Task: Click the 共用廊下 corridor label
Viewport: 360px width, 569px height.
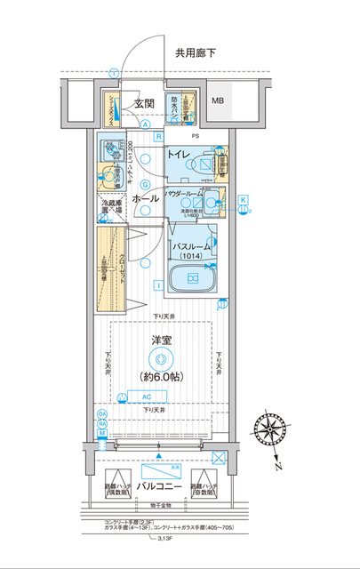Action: tap(195, 53)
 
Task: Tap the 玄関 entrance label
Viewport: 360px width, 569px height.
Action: tap(145, 103)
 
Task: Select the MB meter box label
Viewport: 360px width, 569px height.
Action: tap(218, 100)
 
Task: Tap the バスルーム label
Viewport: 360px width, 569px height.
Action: tap(191, 246)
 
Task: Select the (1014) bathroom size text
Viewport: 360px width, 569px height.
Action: tap(191, 257)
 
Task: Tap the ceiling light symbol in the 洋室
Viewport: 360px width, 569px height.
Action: tap(160, 358)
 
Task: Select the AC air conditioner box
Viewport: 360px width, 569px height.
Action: tap(147, 397)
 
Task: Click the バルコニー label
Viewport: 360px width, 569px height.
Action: tap(160, 489)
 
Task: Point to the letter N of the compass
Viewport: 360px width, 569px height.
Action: tap(278, 466)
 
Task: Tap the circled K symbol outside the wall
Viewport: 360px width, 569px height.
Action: tap(243, 201)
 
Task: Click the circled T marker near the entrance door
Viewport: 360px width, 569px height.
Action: tap(113, 72)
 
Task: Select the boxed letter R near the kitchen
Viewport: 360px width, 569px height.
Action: tap(157, 136)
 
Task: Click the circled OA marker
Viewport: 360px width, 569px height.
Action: tap(102, 415)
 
